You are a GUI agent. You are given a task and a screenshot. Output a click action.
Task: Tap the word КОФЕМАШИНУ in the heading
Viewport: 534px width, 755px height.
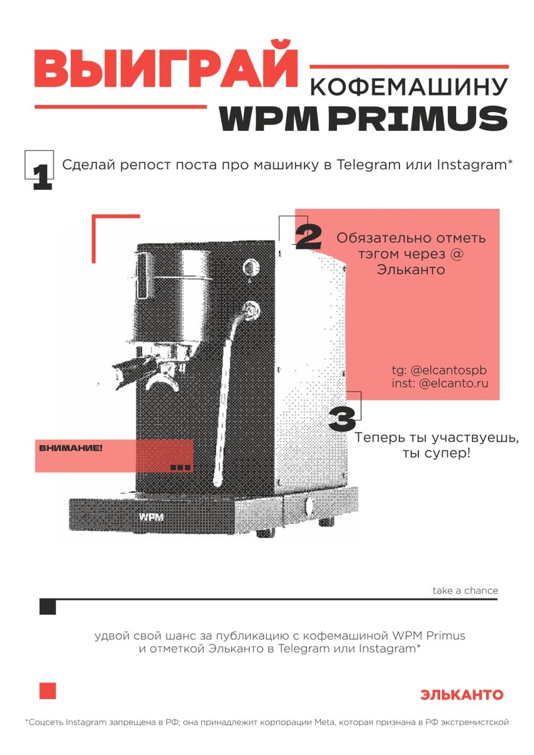[409, 87]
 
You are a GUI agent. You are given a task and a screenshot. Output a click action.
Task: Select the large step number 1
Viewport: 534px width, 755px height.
[42, 177]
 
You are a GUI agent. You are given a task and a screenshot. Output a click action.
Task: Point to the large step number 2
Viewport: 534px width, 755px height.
[309, 237]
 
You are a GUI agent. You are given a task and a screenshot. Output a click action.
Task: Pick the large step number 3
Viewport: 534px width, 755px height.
[342, 418]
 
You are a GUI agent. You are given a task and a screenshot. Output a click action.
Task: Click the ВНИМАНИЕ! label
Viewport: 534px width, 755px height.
[70, 448]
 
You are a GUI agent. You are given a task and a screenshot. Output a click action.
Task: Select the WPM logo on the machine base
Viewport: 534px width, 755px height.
[152, 517]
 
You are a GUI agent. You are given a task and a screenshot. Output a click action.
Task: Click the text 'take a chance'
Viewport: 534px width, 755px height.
[465, 591]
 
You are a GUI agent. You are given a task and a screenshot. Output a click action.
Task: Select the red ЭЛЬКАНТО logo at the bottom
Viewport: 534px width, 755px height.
[462, 695]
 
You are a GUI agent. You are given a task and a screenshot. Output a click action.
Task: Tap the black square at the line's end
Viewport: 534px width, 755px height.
[48, 607]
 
